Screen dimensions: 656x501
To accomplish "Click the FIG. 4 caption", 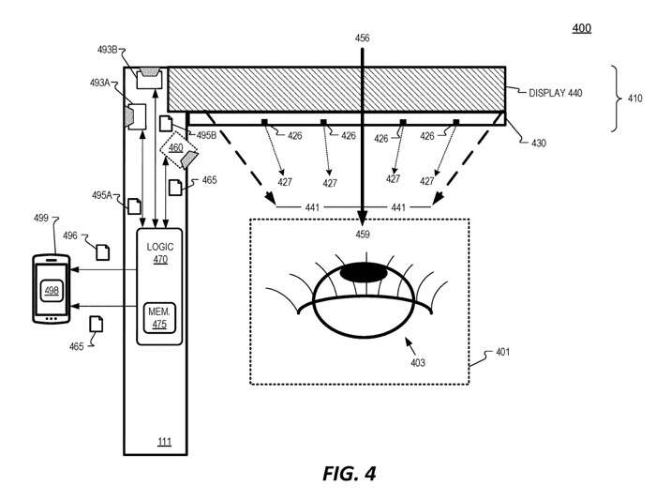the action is [x=349, y=474].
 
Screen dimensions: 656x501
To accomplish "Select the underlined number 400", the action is [x=582, y=28].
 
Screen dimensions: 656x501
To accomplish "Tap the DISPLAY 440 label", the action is [x=555, y=93].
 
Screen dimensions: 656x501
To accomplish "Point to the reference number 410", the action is [x=634, y=99].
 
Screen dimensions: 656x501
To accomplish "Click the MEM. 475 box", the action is [x=159, y=318].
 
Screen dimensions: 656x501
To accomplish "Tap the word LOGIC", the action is [x=160, y=247].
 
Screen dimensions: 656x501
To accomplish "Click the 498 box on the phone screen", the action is [x=52, y=290].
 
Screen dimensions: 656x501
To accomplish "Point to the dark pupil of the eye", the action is [x=364, y=273].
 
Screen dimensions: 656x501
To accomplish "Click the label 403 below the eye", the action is [x=418, y=362].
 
